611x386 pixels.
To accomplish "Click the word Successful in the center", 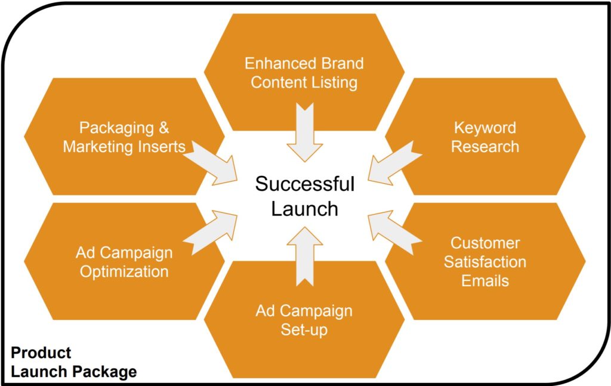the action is tap(305, 184).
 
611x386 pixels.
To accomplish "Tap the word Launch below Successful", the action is tap(305, 209).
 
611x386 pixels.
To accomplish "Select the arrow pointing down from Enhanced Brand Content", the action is tap(305, 132).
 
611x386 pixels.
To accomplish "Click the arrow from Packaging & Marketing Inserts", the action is tap(211, 163).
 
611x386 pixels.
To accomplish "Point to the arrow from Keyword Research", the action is tap(395, 163).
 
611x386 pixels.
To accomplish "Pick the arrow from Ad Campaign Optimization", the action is tap(211, 233).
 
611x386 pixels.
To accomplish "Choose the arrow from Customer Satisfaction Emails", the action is tap(395, 233).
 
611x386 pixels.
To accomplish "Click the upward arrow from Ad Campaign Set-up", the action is tap(305, 257).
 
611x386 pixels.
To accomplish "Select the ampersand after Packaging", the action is tap(164, 128).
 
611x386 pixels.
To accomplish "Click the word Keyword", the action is tap(485, 128).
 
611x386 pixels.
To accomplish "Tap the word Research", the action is tap(485, 147).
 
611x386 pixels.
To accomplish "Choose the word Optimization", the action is tap(124, 272).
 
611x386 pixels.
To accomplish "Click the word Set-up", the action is tap(304, 330).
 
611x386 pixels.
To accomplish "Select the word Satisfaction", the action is tap(485, 262).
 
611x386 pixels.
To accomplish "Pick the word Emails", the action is tap(485, 281).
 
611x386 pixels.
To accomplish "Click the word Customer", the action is tap(485, 243).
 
